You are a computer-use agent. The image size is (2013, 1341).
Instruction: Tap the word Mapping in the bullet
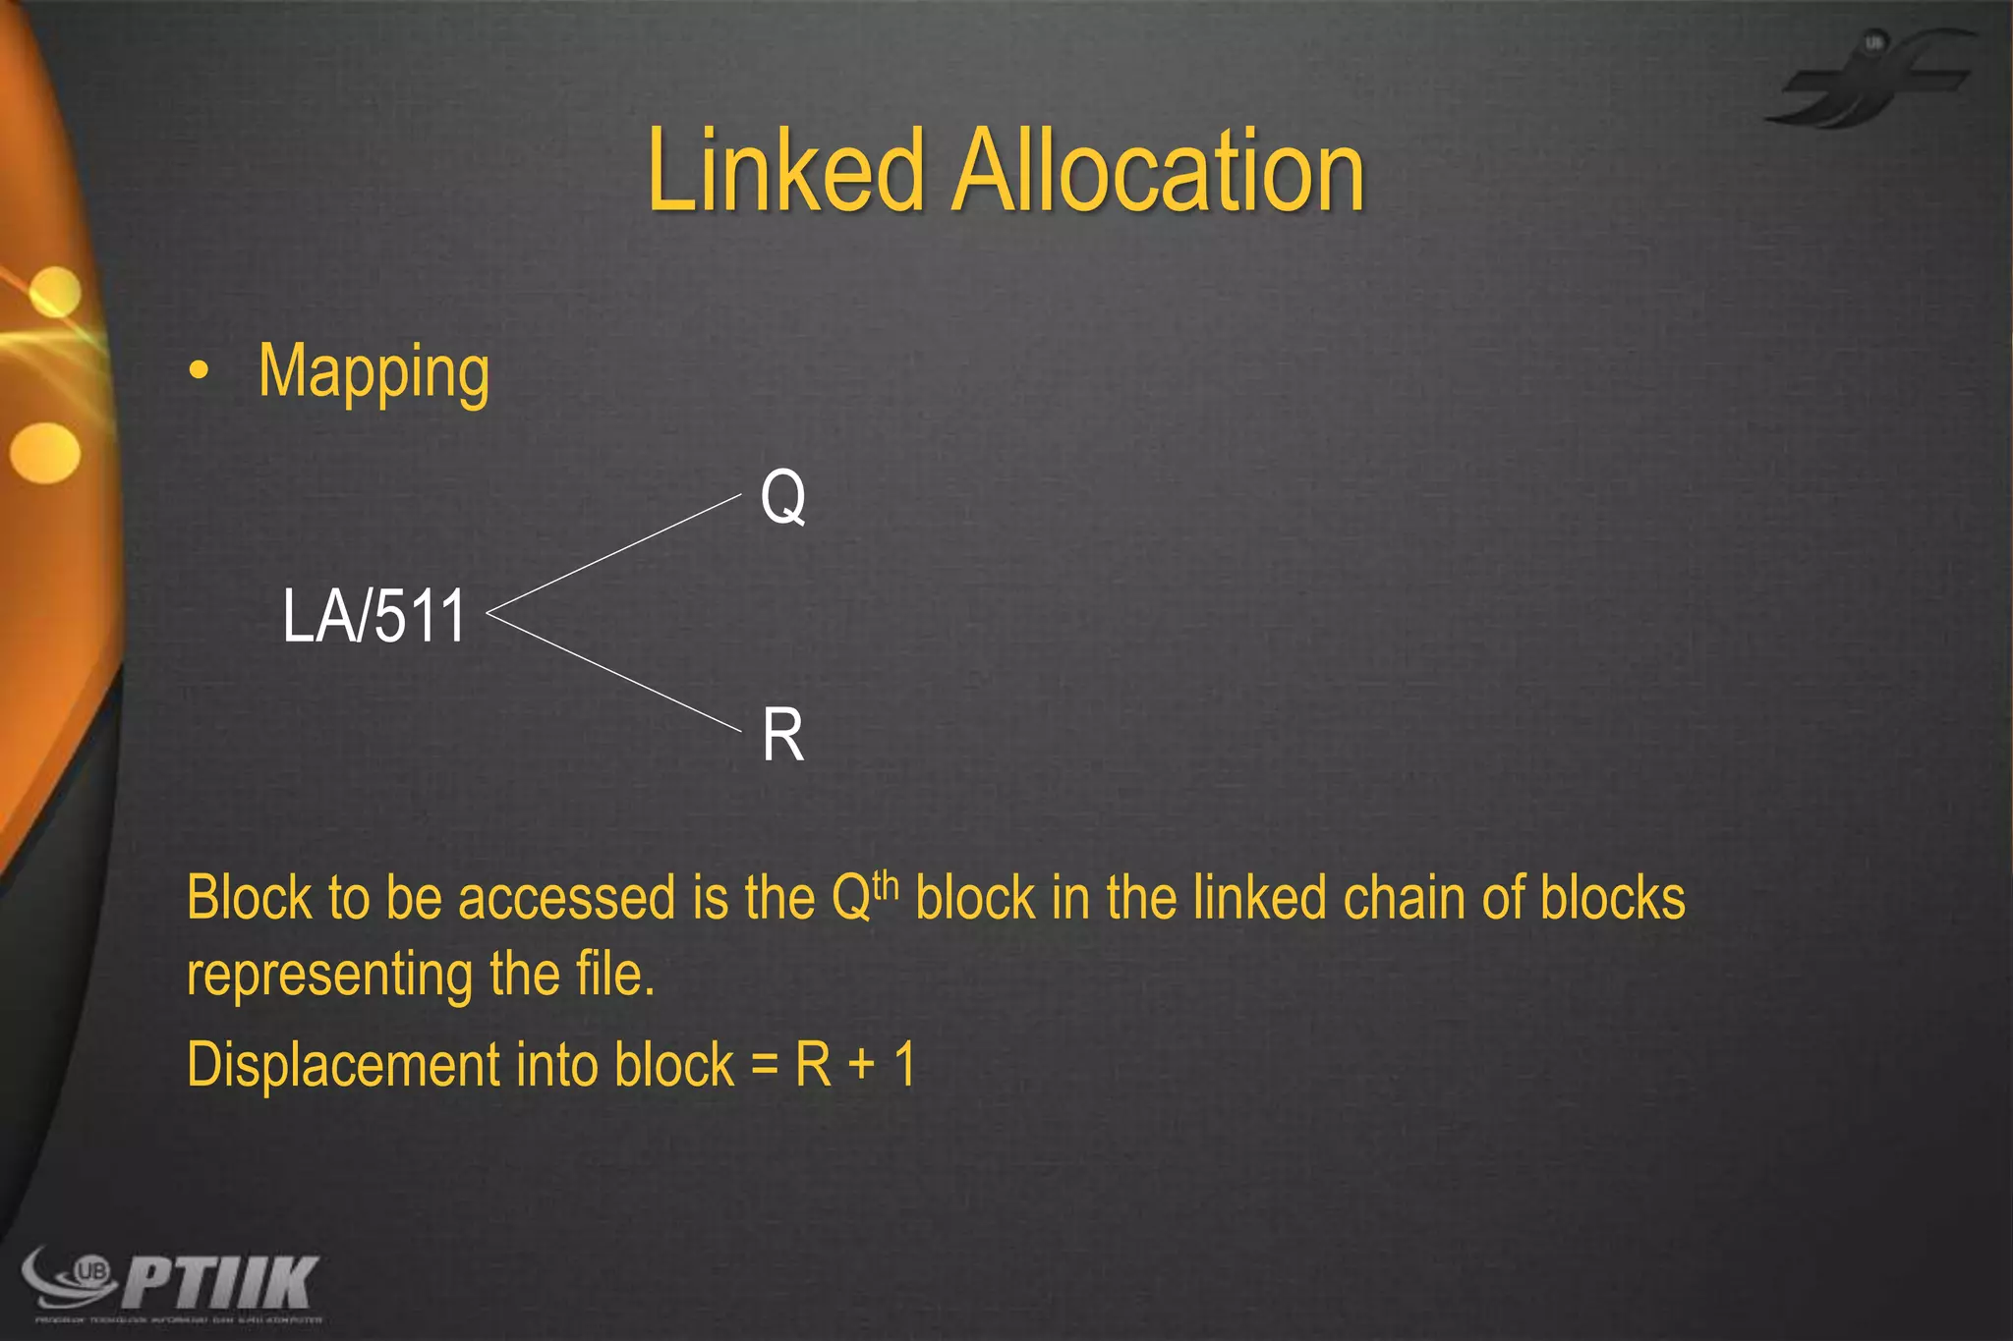(374, 372)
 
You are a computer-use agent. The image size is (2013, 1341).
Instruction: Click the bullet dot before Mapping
(200, 371)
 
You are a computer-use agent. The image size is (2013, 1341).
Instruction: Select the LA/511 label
(374, 616)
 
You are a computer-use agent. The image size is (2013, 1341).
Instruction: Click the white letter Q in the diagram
(783, 497)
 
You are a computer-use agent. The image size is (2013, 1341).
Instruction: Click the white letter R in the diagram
(782, 735)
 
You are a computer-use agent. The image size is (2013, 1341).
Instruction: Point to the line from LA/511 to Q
(614, 555)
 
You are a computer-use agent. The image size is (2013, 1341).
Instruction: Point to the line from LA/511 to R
(614, 673)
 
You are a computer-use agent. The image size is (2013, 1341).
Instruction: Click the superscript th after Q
(886, 884)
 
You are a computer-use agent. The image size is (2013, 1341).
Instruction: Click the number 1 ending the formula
(905, 1065)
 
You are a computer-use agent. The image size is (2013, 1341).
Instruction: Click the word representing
(330, 976)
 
